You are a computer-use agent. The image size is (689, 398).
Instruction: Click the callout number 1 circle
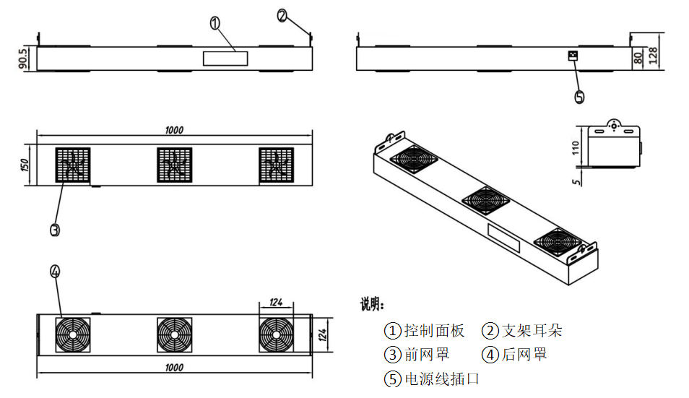215,23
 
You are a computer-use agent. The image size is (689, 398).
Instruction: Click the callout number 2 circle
282,14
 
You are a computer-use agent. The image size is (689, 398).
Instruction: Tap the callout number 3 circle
55,230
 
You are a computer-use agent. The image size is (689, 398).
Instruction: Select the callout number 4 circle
55,272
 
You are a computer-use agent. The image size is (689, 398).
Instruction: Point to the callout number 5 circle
579,97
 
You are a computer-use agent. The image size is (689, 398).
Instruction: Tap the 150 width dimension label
25,165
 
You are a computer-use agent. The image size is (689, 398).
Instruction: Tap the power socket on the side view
574,56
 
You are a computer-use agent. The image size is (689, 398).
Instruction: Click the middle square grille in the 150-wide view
174,165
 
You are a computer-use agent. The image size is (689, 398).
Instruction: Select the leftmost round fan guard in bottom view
74,334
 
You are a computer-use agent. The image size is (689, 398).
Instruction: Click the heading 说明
373,304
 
